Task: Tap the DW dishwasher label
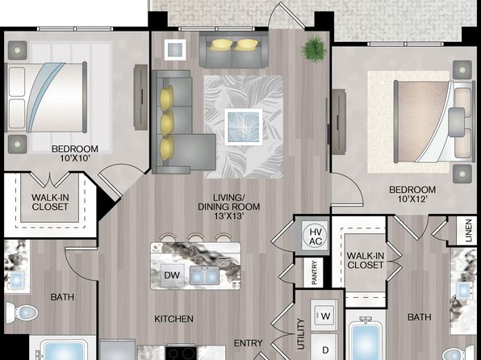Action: click(x=172, y=275)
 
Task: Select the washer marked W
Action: click(x=324, y=316)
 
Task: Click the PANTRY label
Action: click(x=314, y=272)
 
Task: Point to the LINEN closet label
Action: click(x=468, y=231)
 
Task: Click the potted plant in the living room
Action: click(x=313, y=48)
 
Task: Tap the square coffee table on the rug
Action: click(x=243, y=127)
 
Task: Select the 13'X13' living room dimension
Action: click(x=229, y=216)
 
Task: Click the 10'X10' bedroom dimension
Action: click(x=75, y=158)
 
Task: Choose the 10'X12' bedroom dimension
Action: click(x=412, y=199)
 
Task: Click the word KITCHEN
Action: click(x=174, y=319)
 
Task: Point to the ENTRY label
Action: click(x=249, y=343)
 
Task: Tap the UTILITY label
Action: click(x=301, y=334)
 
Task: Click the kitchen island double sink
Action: click(x=204, y=275)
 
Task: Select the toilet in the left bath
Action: click(x=22, y=312)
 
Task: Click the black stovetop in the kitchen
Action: click(x=181, y=353)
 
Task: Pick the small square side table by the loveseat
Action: click(x=175, y=49)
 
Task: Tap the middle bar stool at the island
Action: click(x=196, y=238)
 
